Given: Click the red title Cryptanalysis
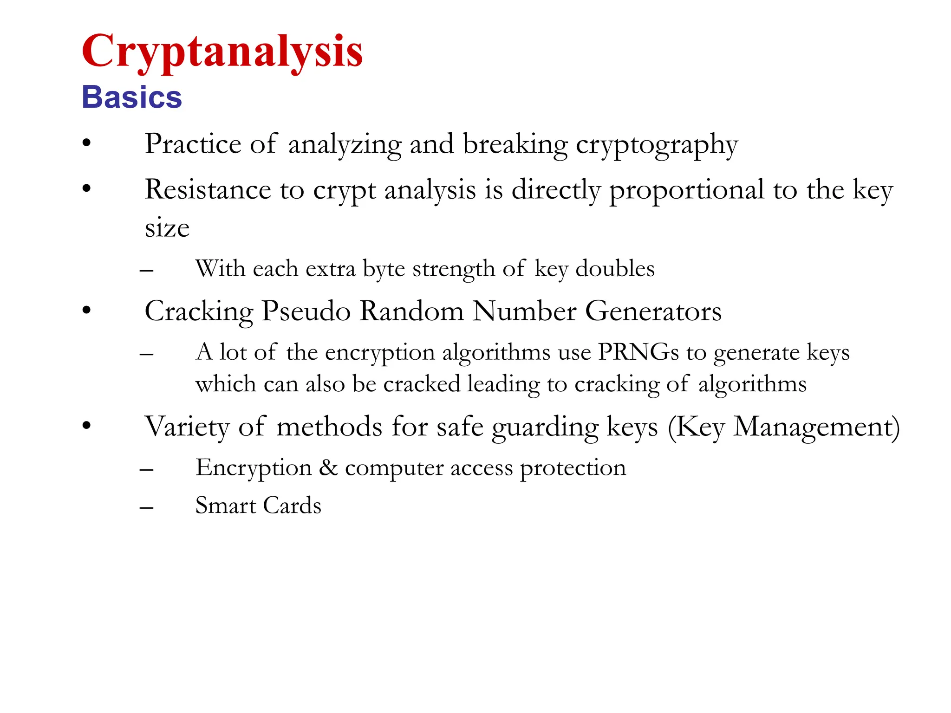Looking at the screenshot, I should click(222, 52).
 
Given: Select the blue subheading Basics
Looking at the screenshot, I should click(132, 97).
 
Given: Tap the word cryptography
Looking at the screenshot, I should click(657, 146).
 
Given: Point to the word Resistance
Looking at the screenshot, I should click(208, 190).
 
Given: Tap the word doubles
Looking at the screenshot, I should click(615, 269).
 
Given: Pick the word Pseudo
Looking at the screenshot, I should click(306, 311).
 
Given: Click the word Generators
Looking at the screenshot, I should click(653, 311).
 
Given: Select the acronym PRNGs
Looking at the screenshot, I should click(638, 352).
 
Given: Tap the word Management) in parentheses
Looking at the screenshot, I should click(816, 427).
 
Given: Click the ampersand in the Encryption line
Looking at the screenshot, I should click(328, 467).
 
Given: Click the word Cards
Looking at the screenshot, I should click(292, 506).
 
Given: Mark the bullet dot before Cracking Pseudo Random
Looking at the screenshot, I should click(86, 311).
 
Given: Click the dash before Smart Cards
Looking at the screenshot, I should click(147, 507).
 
